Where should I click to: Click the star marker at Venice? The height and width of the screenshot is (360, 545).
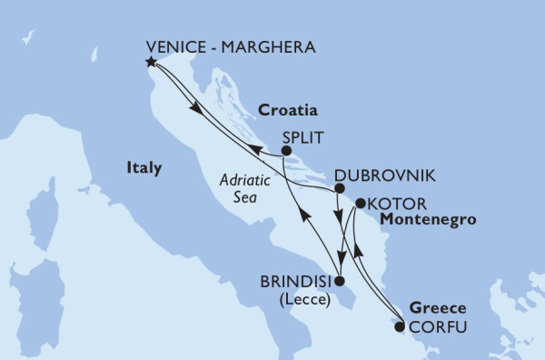(x=151, y=63)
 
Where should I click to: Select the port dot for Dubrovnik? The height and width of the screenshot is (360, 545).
(x=339, y=189)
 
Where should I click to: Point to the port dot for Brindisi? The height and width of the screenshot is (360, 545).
(x=339, y=281)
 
